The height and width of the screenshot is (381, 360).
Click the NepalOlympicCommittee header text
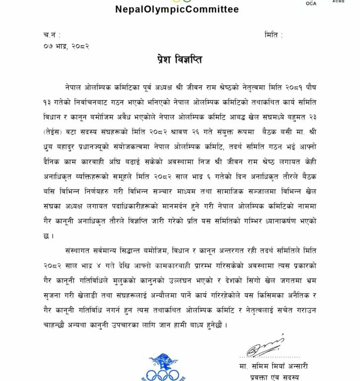pyautogui.click(x=177, y=9)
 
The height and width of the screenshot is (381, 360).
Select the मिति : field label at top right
pyautogui.click(x=274, y=35)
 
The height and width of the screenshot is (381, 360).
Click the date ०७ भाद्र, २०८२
pyautogui.click(x=66, y=46)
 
